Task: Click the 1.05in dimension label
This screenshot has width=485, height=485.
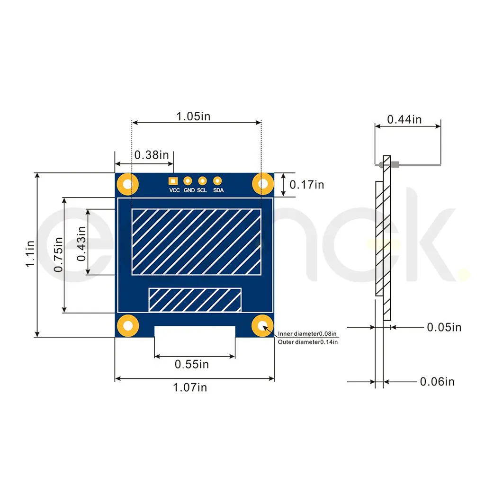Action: click(193, 117)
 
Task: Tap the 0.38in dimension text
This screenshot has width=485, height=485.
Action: click(152, 155)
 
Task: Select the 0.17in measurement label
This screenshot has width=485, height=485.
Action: click(306, 185)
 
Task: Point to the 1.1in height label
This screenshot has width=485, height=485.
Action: click(30, 254)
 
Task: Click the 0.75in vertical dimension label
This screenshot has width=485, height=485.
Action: click(58, 255)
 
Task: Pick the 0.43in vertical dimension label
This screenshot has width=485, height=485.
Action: click(81, 244)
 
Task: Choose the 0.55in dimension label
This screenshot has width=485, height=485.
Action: click(192, 364)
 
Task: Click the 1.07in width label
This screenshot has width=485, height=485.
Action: click(190, 387)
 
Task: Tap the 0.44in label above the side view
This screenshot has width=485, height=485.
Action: click(404, 120)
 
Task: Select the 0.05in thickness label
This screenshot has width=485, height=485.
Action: click(444, 327)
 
